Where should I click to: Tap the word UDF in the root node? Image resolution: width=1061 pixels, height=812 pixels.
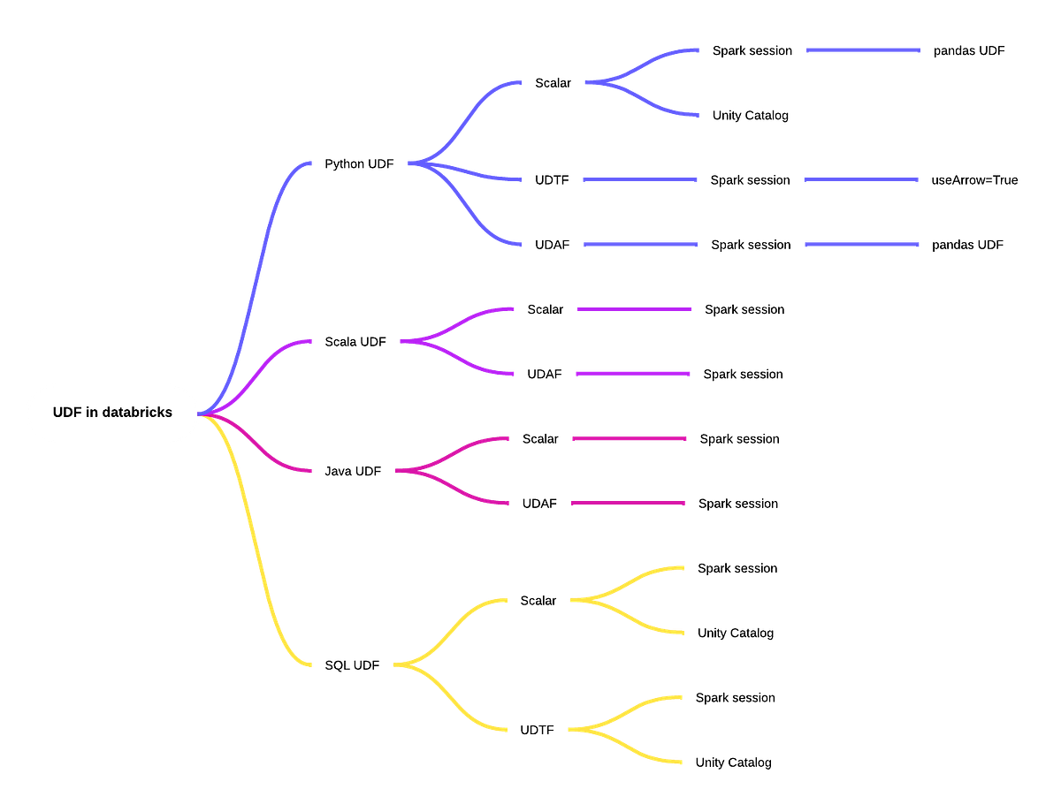point(67,413)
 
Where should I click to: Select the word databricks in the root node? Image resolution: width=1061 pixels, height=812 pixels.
point(137,413)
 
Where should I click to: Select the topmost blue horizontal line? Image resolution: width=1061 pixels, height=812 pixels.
point(862,50)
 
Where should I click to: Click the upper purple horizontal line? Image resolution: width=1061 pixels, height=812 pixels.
point(634,309)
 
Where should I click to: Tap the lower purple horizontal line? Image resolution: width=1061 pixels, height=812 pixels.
point(633,374)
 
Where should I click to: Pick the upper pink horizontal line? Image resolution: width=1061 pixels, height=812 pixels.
point(630,438)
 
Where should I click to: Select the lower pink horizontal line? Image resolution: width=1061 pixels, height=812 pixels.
point(629,504)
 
